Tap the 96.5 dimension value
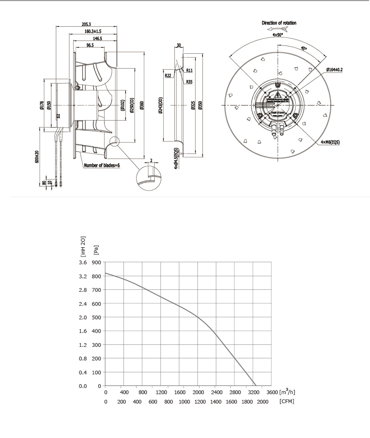90,45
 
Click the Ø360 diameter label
142,106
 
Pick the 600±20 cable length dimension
37,157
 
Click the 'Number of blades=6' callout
102,165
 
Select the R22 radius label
168,75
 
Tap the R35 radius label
189,81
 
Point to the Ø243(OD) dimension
161,106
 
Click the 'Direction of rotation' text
279,23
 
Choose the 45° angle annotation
303,48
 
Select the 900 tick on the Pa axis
96,263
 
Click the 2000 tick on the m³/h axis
198,392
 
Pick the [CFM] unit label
286,401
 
